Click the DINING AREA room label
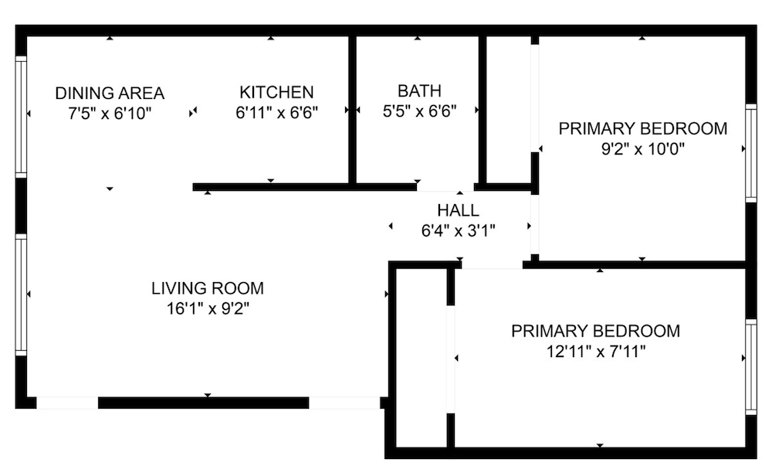tap(110, 93)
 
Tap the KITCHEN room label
tap(276, 92)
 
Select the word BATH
tap(419, 90)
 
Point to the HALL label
tap(458, 210)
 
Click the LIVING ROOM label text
tap(208, 288)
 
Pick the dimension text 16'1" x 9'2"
tap(208, 309)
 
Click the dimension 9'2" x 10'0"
tap(642, 149)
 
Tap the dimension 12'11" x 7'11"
tap(596, 352)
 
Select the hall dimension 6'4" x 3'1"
tap(458, 230)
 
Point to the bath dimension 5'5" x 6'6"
tap(419, 111)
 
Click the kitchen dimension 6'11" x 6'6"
tap(276, 113)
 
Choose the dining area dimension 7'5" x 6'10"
tap(110, 114)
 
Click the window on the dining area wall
tap(21, 116)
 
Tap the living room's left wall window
tap(21, 294)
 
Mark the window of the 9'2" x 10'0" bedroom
tap(751, 153)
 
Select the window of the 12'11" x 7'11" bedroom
tap(751, 367)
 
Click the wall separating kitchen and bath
tap(353, 110)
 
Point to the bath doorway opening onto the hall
tap(445, 188)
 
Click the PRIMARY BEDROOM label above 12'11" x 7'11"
tap(596, 331)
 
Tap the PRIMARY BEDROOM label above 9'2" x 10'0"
tap(642, 128)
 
